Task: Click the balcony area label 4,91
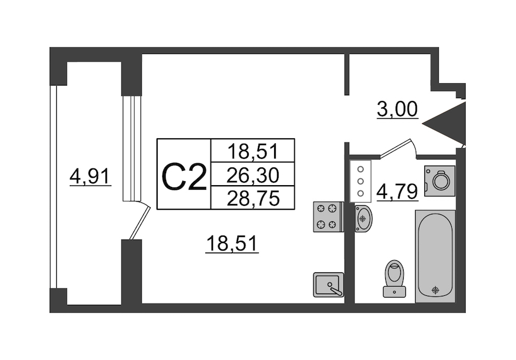click(x=90, y=176)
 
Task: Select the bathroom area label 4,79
click(x=397, y=190)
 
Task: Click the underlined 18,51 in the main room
click(x=233, y=245)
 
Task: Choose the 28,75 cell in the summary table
click(x=253, y=198)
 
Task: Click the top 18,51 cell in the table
click(x=253, y=151)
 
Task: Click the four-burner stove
click(x=327, y=217)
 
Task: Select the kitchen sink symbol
click(x=329, y=285)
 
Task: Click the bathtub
click(x=435, y=255)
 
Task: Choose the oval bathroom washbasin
click(x=363, y=218)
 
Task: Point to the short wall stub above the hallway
click(x=346, y=74)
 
